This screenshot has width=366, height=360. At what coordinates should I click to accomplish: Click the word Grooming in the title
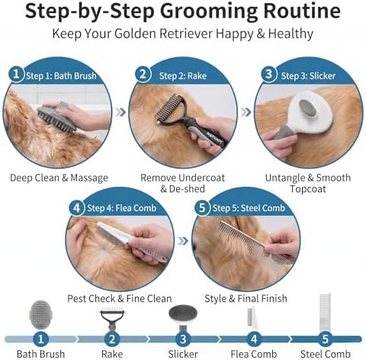[210, 12]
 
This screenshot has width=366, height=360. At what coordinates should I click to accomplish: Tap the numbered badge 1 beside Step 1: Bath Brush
[16, 74]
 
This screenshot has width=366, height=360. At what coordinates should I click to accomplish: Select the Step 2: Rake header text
[183, 76]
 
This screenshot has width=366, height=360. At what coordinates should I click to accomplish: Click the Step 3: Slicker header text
[308, 76]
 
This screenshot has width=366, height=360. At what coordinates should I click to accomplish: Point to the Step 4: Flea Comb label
[121, 208]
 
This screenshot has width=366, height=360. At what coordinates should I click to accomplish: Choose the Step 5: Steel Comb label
[249, 208]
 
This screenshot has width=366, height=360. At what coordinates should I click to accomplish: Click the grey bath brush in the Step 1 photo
[56, 117]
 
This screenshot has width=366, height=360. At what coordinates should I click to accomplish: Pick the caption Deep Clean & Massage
[59, 178]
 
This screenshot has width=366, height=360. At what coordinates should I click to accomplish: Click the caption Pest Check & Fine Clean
[120, 298]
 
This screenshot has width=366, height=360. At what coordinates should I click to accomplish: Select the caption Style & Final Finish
[246, 298]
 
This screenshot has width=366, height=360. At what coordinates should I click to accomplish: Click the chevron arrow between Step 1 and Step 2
[120, 112]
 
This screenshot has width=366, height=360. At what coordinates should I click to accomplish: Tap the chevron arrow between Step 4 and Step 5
[183, 241]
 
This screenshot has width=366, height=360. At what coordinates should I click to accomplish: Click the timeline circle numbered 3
[183, 339]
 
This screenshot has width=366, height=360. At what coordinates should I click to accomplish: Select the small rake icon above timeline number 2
[112, 319]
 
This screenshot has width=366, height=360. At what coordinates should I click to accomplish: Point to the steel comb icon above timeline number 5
[325, 312]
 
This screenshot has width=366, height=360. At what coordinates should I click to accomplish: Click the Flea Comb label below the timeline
[254, 354]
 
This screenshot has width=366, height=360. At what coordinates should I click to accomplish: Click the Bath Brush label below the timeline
[40, 354]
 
